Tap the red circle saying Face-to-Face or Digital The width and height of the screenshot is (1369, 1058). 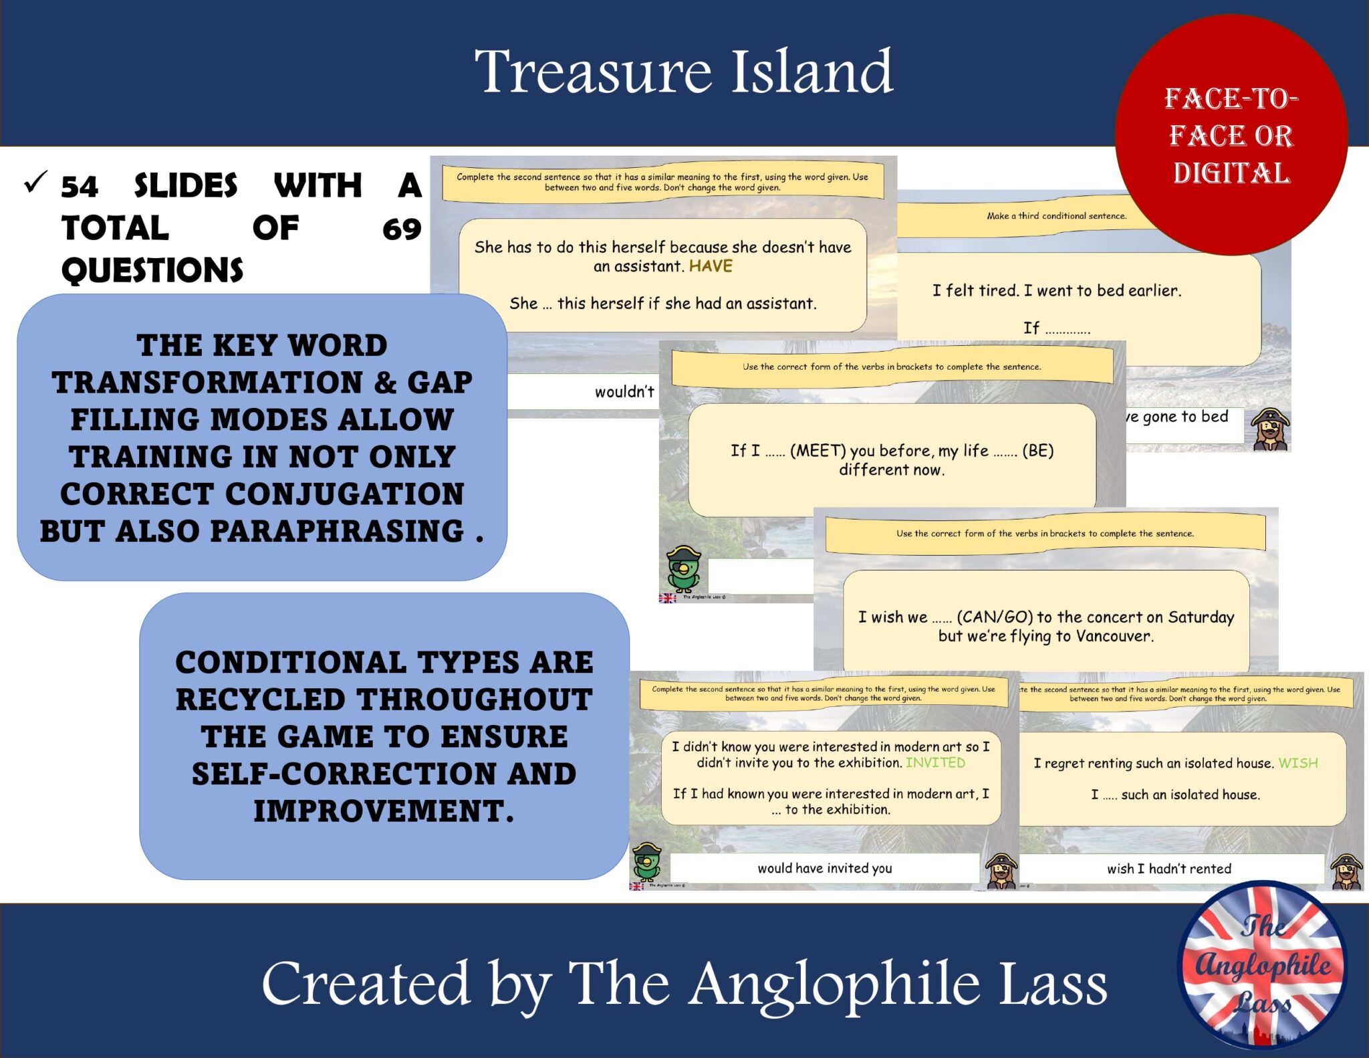coord(1231,135)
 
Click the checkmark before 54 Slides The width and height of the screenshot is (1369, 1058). coord(35,182)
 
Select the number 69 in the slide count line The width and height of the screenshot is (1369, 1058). coord(402,229)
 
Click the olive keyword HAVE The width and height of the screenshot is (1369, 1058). coord(711,266)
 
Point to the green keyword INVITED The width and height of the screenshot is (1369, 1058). coord(935,762)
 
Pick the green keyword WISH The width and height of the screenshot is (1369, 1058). coord(1297,763)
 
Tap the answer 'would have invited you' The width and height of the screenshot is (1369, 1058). coord(824,868)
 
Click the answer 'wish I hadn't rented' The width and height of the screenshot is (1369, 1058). coord(1168,869)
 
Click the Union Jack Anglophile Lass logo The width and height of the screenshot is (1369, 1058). coord(1261,964)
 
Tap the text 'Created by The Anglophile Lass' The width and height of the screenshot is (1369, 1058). coord(684,983)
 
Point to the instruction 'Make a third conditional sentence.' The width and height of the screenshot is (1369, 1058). coord(1056,216)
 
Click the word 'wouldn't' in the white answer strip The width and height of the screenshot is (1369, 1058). coord(624,392)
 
